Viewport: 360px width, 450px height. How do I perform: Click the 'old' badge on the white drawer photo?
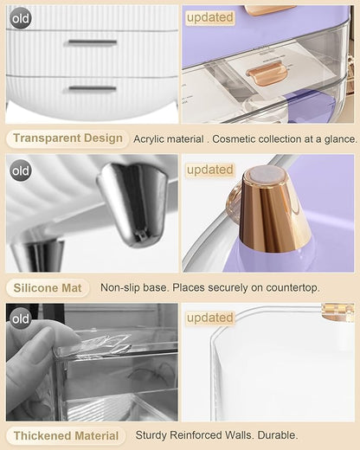pyautogui.click(x=21, y=19)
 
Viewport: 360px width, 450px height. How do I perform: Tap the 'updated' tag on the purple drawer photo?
pyautogui.click(x=209, y=17)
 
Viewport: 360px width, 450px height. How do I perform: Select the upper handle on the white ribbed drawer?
pyautogui.click(x=93, y=42)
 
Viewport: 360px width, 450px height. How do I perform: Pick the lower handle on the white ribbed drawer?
pyautogui.click(x=93, y=88)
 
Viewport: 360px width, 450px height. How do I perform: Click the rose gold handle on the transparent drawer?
pyautogui.click(x=267, y=74)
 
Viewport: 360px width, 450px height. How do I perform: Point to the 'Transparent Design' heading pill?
pyautogui.click(x=67, y=138)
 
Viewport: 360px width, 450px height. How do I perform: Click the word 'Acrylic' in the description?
pyautogui.click(x=150, y=139)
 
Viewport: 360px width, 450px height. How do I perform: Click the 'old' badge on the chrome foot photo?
pyautogui.click(x=21, y=170)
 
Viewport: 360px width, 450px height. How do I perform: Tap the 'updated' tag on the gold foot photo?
pyautogui.click(x=209, y=170)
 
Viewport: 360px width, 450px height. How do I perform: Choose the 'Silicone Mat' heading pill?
pyautogui.click(x=48, y=288)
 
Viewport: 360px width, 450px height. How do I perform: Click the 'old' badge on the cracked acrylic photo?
pyautogui.click(x=21, y=319)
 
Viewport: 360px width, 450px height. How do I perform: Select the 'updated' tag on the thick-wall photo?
pyautogui.click(x=209, y=318)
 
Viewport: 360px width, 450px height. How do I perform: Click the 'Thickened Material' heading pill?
pyautogui.click(x=66, y=435)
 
